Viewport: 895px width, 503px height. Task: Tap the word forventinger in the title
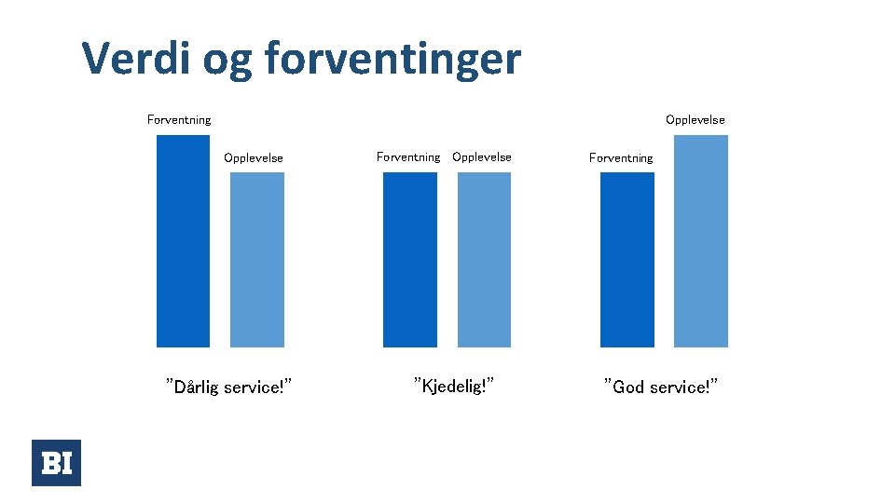coord(392,60)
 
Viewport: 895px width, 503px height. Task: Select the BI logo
coord(56,463)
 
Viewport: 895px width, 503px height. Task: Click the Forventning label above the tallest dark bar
coord(179,119)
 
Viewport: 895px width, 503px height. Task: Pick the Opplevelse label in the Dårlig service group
coord(254,157)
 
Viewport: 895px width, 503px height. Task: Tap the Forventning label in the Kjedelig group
coord(408,156)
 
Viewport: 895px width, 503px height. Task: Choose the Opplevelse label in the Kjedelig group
coord(482,156)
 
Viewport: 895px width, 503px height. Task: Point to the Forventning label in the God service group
coord(621,157)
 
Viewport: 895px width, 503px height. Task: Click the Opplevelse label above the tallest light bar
coord(695,119)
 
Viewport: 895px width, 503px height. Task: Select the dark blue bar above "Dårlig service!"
coord(183,241)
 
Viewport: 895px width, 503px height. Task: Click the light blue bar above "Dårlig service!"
coord(257,260)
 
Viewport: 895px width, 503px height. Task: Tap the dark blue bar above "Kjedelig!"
coord(409,260)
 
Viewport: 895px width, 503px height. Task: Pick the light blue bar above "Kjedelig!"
coord(484,260)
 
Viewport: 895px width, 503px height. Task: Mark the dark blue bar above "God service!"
coord(626,260)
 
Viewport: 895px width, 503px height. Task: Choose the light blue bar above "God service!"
coord(700,241)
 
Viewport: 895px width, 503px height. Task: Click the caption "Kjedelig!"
coord(453,385)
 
